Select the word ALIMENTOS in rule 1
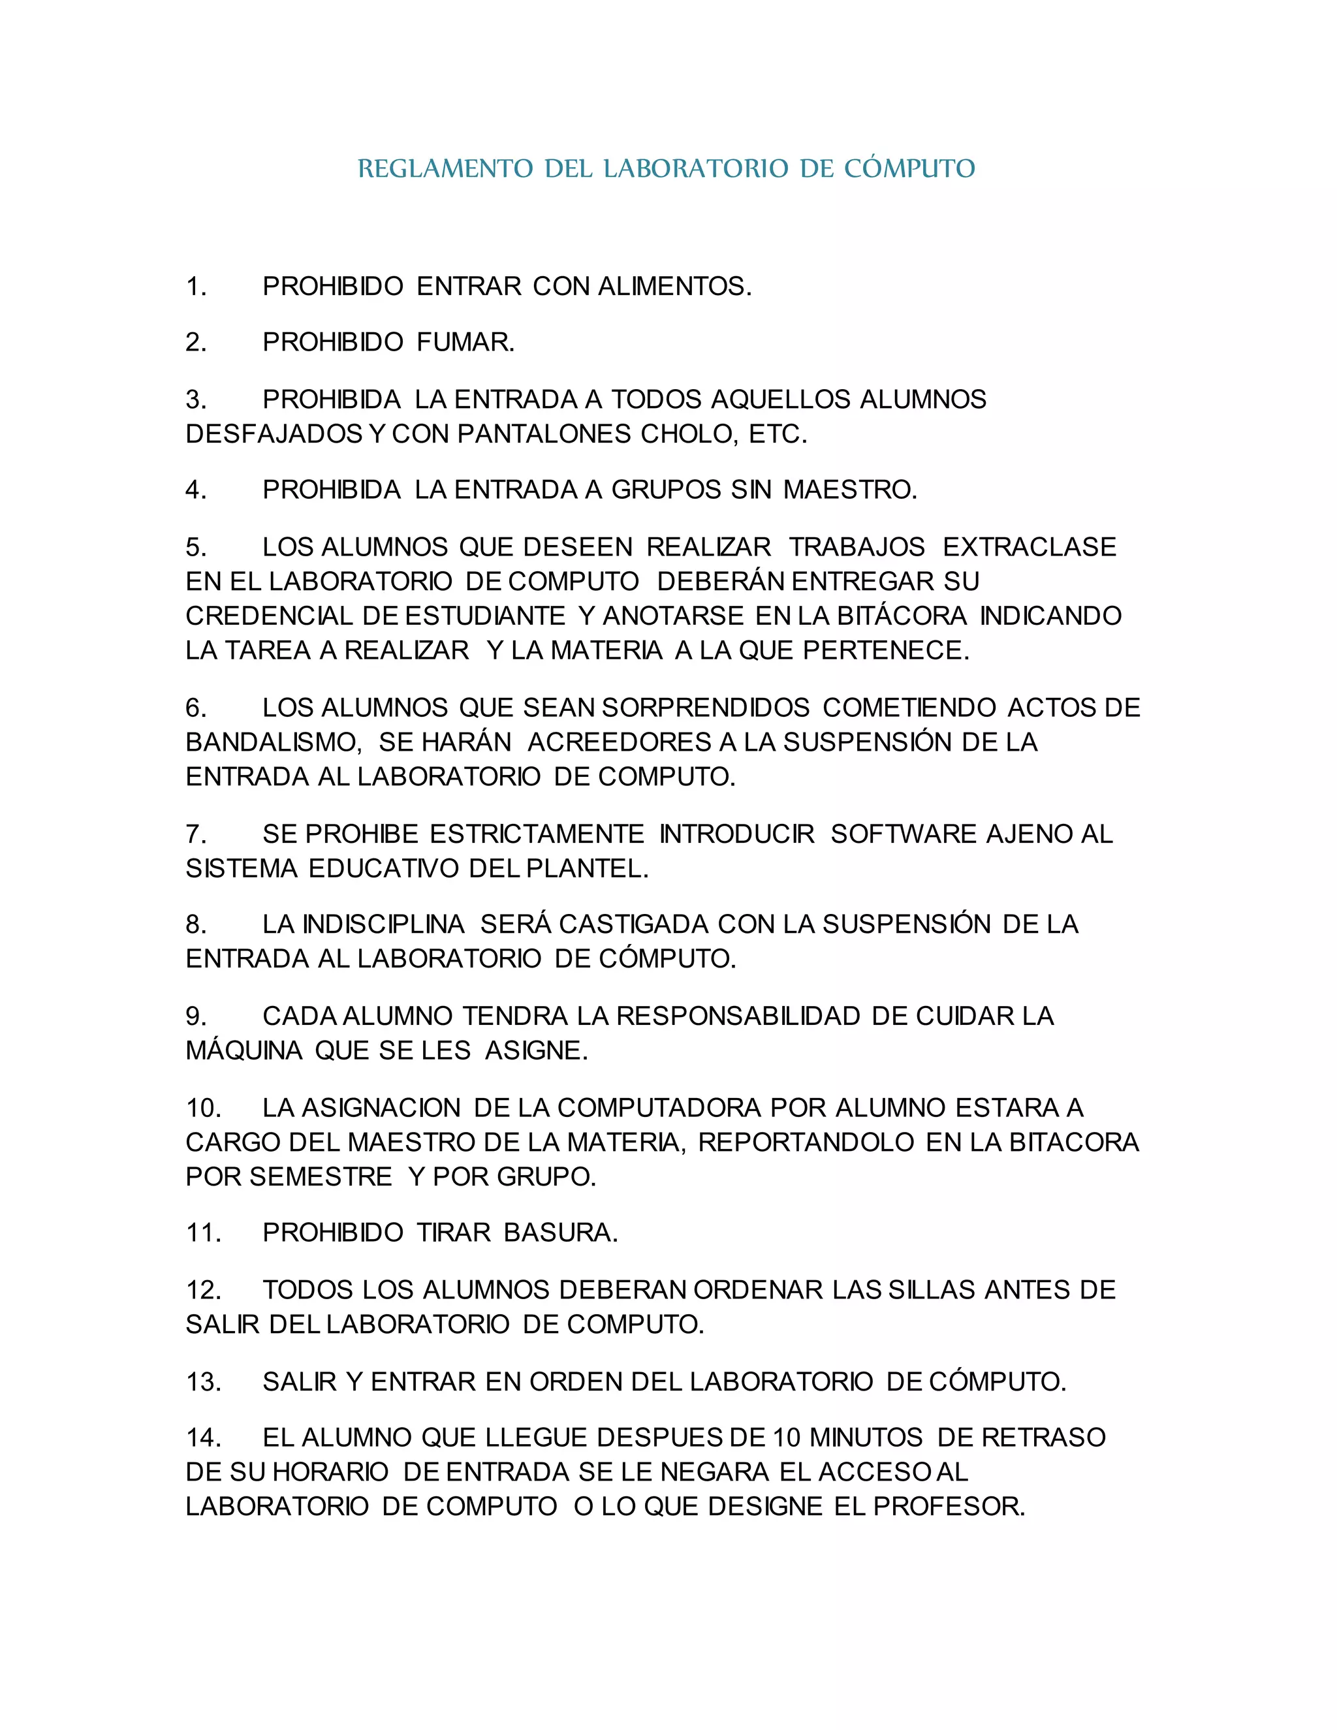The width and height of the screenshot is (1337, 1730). [674, 286]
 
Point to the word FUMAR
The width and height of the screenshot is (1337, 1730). [465, 342]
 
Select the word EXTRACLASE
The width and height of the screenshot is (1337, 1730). [1029, 546]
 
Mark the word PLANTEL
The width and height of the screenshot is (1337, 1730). [587, 869]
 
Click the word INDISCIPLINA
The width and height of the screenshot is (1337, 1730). [383, 924]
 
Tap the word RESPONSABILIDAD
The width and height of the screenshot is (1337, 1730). [738, 1016]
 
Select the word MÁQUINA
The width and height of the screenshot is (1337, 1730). [244, 1051]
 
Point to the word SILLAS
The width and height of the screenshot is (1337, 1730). [932, 1289]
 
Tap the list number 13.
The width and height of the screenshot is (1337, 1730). [203, 1381]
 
